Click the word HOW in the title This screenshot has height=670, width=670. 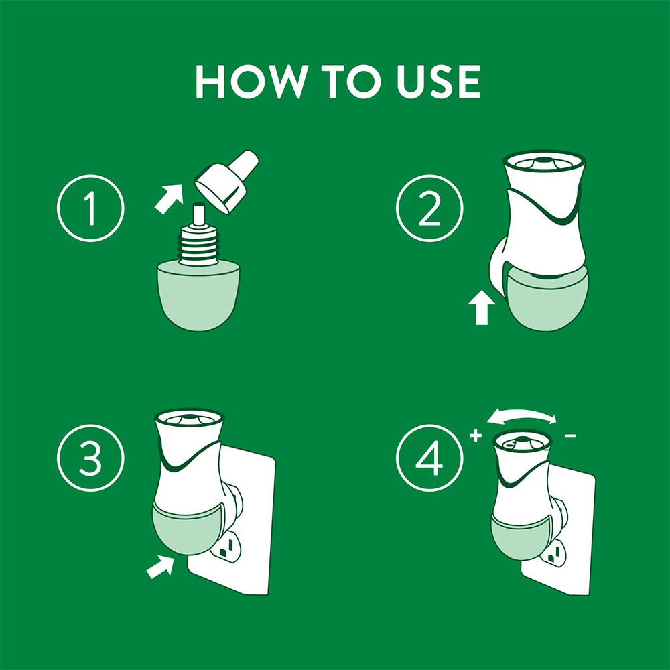(x=251, y=82)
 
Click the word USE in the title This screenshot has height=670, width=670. (x=438, y=82)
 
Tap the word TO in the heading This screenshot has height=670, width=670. (x=351, y=82)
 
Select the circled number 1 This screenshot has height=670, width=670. (x=90, y=208)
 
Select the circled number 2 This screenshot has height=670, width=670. (x=429, y=208)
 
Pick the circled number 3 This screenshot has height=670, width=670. (x=90, y=458)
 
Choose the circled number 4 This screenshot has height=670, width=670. (x=429, y=458)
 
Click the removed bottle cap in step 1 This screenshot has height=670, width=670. (x=226, y=181)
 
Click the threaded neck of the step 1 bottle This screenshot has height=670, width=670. (x=199, y=245)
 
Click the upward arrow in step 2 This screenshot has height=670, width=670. (x=482, y=308)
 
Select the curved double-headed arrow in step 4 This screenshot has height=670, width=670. (x=522, y=415)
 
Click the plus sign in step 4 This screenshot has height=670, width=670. (x=476, y=435)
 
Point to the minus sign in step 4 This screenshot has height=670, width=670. (x=570, y=436)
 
